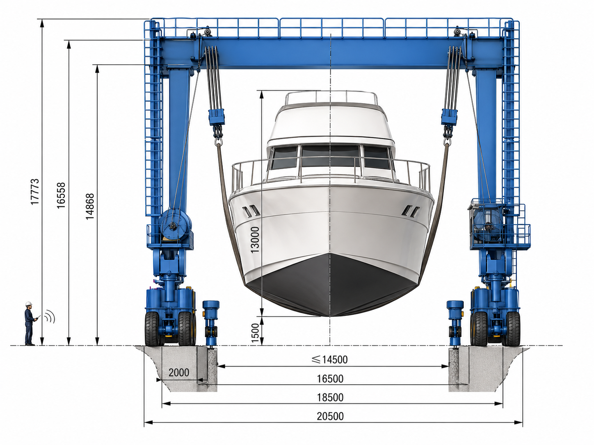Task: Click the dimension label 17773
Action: pyautogui.click(x=35, y=192)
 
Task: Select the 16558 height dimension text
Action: pyautogui.click(x=61, y=195)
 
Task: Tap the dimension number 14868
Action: pyautogui.click(x=90, y=207)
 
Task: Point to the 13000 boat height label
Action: pyautogui.click(x=255, y=240)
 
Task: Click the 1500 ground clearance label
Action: pyautogui.click(x=255, y=333)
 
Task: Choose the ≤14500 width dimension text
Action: pyautogui.click(x=329, y=359)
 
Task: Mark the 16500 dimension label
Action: pyautogui.click(x=330, y=379)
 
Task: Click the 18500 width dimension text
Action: pyautogui.click(x=330, y=397)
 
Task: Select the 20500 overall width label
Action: pyautogui.click(x=330, y=416)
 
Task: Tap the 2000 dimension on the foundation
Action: pyautogui.click(x=179, y=372)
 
